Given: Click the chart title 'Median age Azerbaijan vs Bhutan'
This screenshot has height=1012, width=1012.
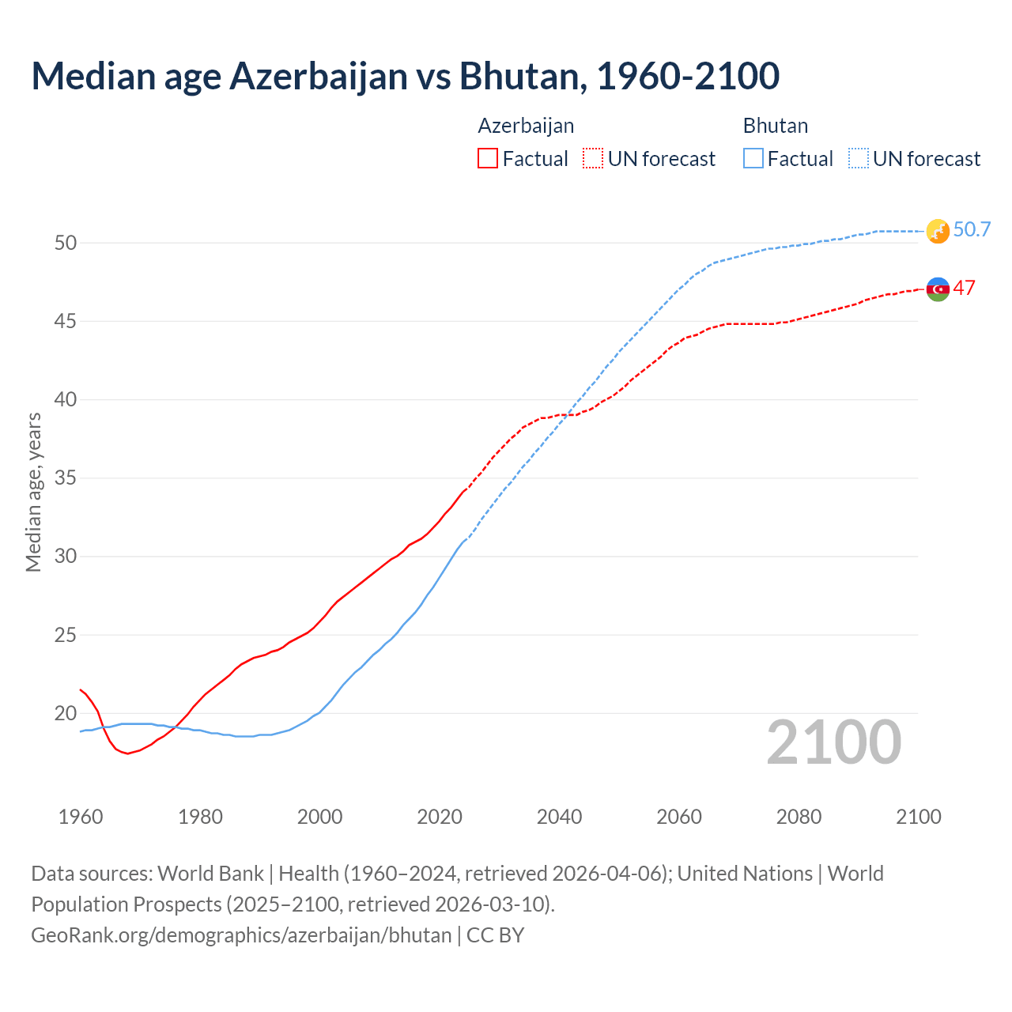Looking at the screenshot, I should click(405, 76).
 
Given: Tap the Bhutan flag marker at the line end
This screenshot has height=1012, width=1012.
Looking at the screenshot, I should click(937, 231).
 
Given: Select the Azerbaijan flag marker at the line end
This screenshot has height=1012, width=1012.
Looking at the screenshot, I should click(937, 289).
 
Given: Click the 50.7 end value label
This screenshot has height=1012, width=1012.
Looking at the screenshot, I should click(972, 229).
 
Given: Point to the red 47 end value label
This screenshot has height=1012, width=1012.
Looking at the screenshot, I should click(964, 288).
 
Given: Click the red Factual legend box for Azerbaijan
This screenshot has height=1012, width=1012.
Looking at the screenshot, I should click(488, 159).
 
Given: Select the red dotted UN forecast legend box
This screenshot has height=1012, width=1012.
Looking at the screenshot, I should click(593, 159).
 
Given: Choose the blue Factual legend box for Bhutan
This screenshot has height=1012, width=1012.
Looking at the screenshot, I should click(753, 159).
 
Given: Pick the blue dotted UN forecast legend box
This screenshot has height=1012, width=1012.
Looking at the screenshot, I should click(858, 159).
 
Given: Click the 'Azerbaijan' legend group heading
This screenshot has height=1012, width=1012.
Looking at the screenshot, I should click(526, 126).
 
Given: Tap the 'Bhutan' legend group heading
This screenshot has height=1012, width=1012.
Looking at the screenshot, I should click(775, 126).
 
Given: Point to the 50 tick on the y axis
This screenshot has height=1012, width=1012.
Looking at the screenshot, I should click(66, 243).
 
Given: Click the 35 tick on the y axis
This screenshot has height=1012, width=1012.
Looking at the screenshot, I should click(66, 478).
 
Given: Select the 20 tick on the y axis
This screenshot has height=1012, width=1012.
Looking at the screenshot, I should click(66, 714).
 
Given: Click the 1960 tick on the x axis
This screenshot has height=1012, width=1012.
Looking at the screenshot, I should click(81, 817).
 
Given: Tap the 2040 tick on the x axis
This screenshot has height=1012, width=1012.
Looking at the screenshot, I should click(559, 817).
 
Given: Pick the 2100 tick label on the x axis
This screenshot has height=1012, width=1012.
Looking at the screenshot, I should click(918, 817).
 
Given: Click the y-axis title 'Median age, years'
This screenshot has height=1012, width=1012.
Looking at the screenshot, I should click(33, 492).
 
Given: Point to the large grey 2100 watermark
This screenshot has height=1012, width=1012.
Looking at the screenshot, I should click(833, 742).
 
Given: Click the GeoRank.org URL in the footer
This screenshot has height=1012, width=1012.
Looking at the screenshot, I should click(241, 935).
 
